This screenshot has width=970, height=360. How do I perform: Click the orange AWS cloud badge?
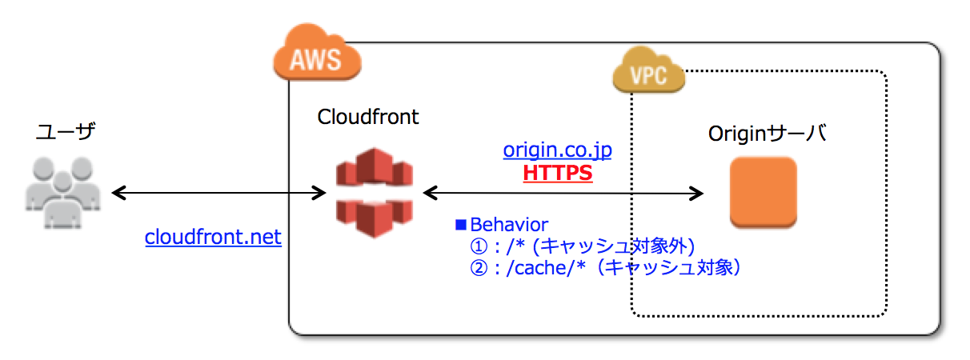[317, 58]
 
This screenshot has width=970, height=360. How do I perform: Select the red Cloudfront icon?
[374, 193]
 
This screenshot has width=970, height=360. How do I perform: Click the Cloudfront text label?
[368, 117]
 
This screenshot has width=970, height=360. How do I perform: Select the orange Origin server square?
[763, 193]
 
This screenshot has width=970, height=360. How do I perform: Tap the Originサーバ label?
[768, 134]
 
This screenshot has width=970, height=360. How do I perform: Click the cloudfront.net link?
[213, 238]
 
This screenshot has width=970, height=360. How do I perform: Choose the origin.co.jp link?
[558, 150]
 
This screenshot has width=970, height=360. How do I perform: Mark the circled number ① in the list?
[479, 246]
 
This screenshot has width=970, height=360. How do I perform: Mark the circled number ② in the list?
[479, 267]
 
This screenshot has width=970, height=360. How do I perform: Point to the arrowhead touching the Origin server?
[696, 193]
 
